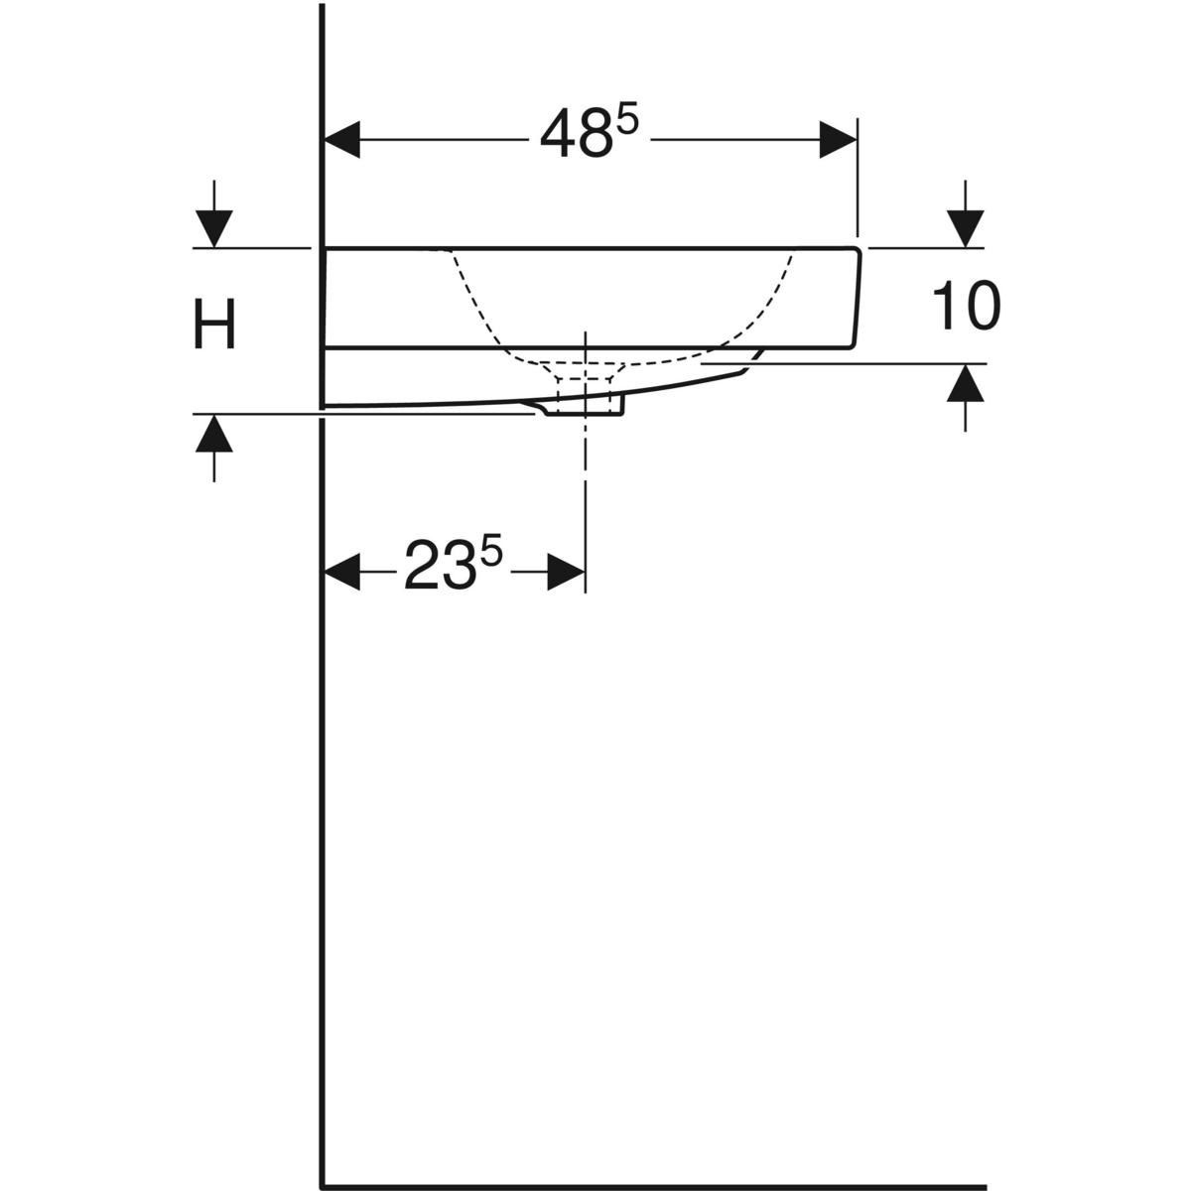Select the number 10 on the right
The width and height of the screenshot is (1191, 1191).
966,306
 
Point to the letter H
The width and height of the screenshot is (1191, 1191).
214,327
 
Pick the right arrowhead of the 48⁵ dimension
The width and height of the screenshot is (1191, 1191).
838,139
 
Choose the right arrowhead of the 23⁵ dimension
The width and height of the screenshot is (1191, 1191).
566,573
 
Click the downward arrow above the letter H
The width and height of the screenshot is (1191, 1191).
213,229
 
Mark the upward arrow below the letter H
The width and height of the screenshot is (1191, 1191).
213,434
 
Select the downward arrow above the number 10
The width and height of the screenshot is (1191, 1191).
966,229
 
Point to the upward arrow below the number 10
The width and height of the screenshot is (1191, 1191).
966,383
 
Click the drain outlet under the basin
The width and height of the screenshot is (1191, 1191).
586,402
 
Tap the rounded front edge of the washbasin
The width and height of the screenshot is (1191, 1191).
856,298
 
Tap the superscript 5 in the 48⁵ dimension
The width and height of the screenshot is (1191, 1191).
627,119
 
